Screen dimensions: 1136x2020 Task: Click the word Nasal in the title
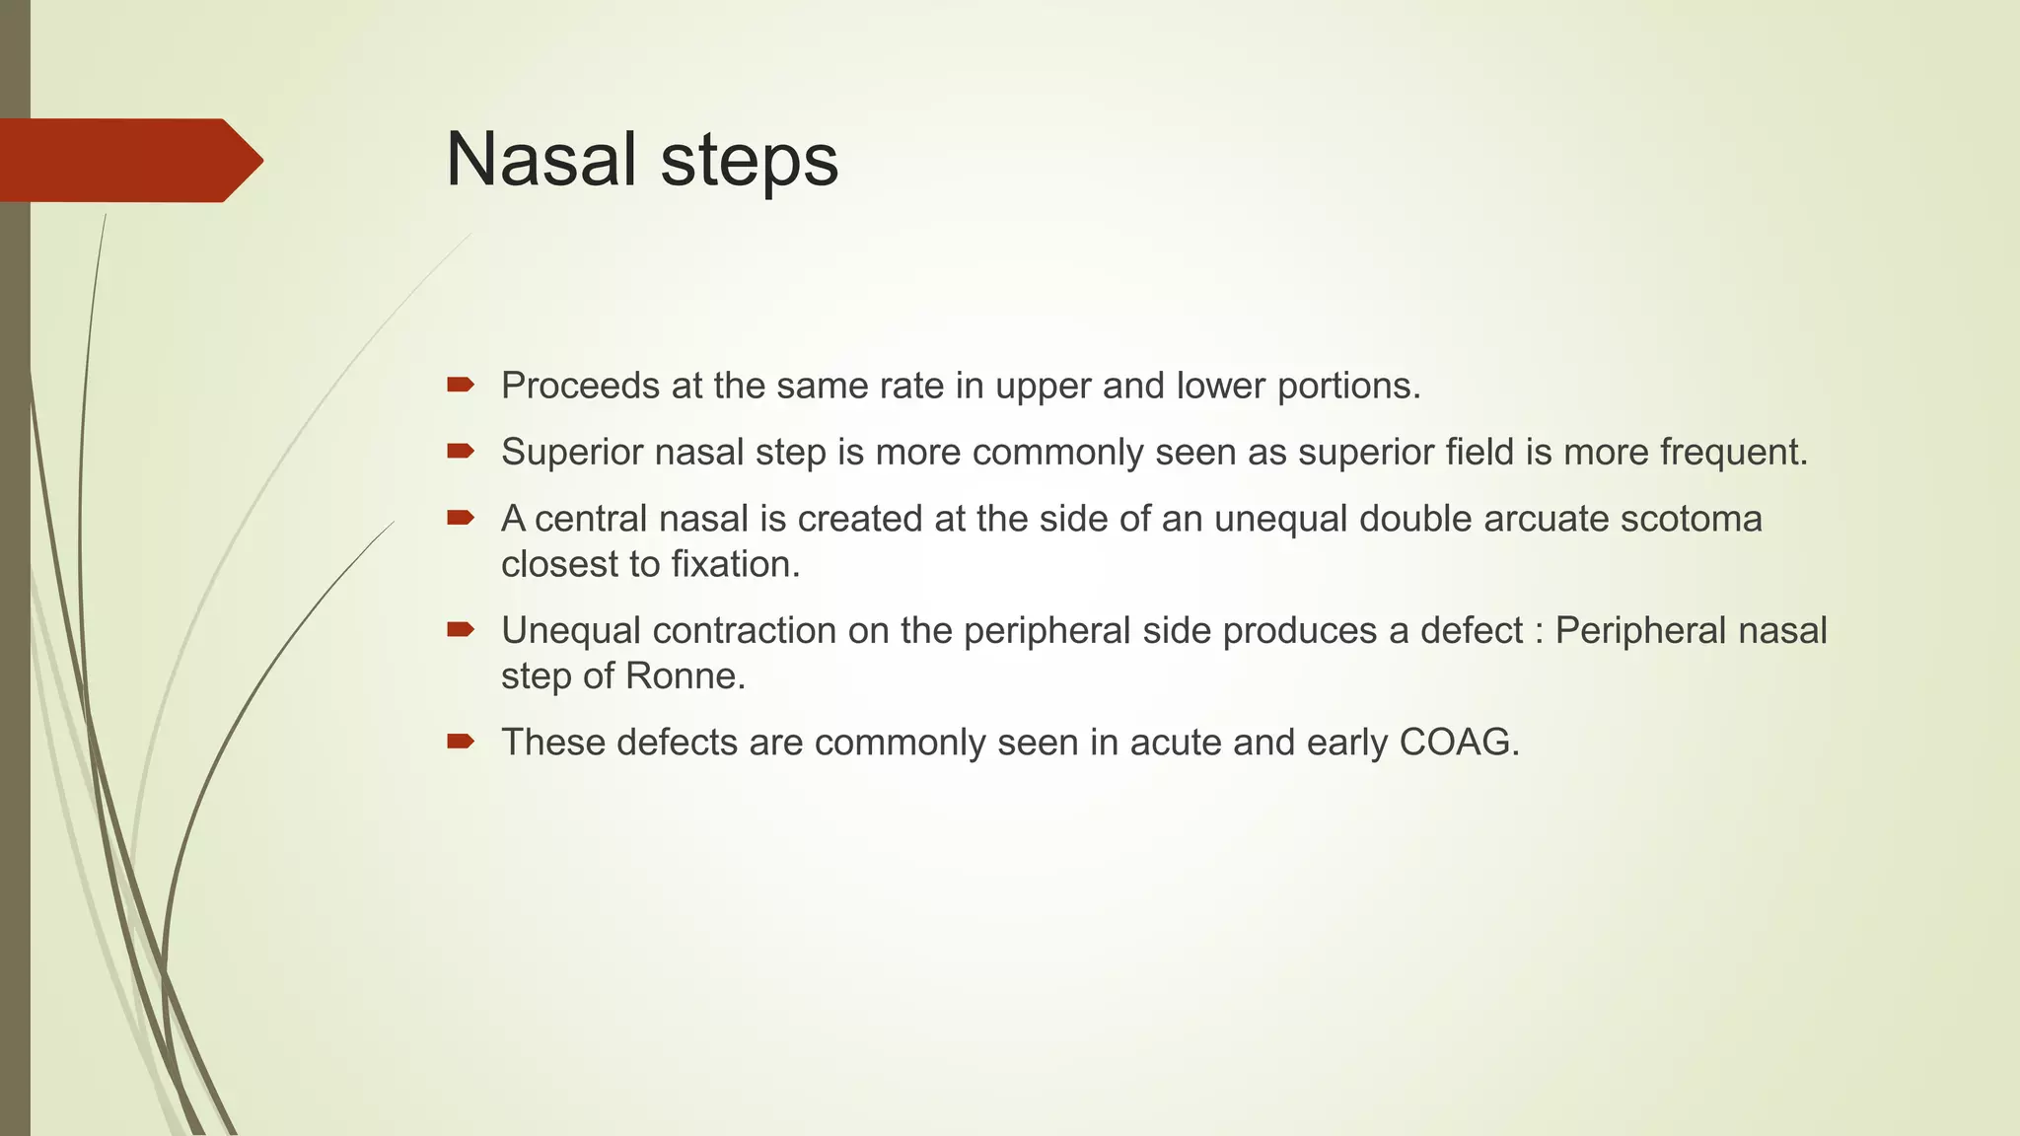point(541,160)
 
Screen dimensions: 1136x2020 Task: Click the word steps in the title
point(749,163)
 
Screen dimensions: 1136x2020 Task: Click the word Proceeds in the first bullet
point(580,386)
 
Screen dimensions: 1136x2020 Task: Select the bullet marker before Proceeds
point(460,385)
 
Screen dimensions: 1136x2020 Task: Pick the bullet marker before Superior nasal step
point(460,451)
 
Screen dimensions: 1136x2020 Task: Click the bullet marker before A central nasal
point(460,517)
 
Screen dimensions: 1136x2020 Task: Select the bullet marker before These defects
point(460,741)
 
